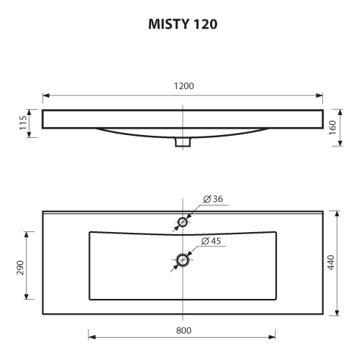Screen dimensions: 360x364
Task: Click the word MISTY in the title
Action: [x=167, y=24]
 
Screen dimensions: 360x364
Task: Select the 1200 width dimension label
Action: [x=183, y=86]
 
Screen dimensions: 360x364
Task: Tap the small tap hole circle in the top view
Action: [x=183, y=223]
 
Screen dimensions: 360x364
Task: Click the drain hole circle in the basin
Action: [x=183, y=260]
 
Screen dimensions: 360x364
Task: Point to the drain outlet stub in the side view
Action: [x=183, y=143]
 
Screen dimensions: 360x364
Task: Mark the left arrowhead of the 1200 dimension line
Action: [x=45, y=95]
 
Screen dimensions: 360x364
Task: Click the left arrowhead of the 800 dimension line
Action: [x=91, y=336]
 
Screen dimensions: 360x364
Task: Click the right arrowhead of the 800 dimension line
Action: [x=274, y=336]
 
